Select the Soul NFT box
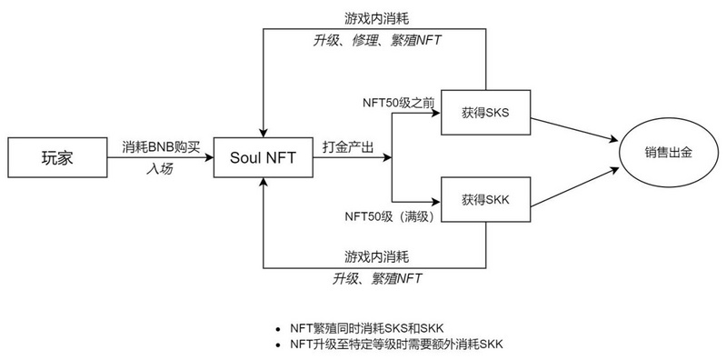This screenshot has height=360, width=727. click(x=262, y=157)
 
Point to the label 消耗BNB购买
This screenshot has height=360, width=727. click(x=159, y=145)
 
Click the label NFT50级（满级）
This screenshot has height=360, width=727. click(x=393, y=217)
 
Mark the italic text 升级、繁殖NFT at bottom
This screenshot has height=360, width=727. click(x=376, y=278)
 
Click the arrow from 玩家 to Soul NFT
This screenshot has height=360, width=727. click(x=159, y=157)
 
